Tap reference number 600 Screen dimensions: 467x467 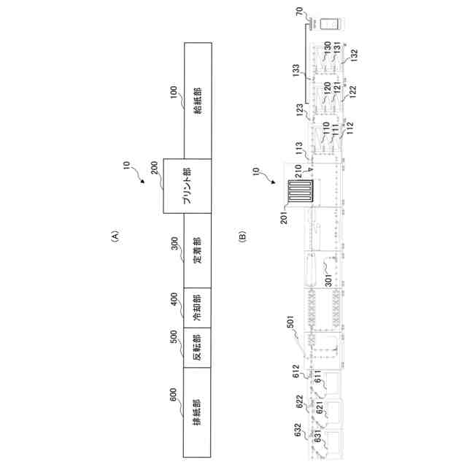(x=173, y=395)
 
